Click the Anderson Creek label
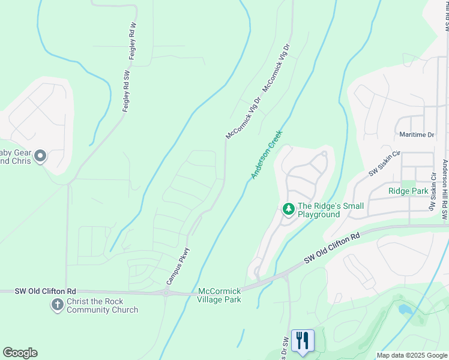click(267, 155)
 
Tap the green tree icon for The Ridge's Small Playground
click(289, 209)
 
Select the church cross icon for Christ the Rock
click(57, 305)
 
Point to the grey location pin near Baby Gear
click(40, 157)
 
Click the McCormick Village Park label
click(220, 295)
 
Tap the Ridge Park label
click(408, 191)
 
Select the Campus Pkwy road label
click(178, 266)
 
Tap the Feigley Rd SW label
click(127, 91)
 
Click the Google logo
click(20, 353)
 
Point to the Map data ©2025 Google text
click(412, 355)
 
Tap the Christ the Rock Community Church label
click(102, 306)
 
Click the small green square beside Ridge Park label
click(408, 184)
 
